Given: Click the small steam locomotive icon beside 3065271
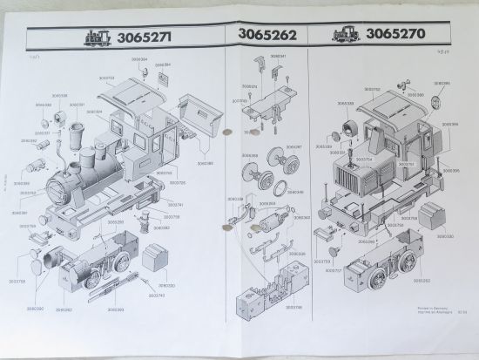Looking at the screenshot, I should [x=98, y=37].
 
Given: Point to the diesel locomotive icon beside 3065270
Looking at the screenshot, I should [x=343, y=36].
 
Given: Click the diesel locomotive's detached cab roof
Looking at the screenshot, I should [x=389, y=102].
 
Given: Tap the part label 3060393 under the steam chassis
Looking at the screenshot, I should [x=113, y=309].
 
